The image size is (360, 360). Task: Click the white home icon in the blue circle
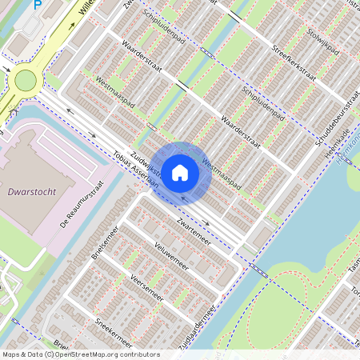click(180, 171)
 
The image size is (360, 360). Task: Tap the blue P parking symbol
click(37, 6)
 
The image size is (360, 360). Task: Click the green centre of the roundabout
click(26, 79)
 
